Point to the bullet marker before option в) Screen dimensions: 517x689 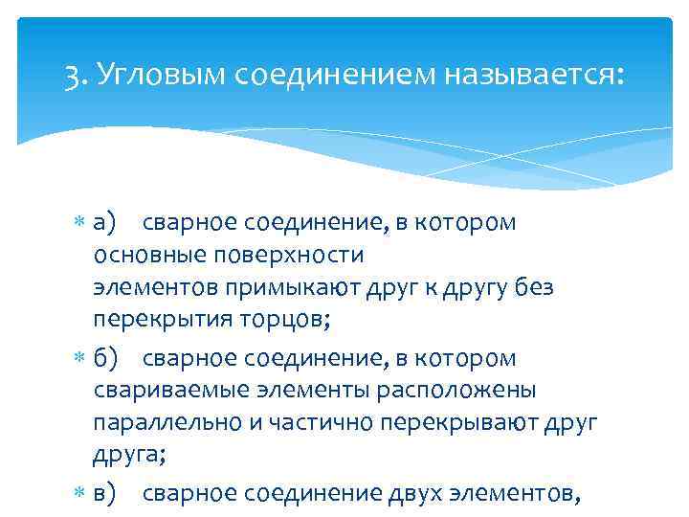83,495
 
